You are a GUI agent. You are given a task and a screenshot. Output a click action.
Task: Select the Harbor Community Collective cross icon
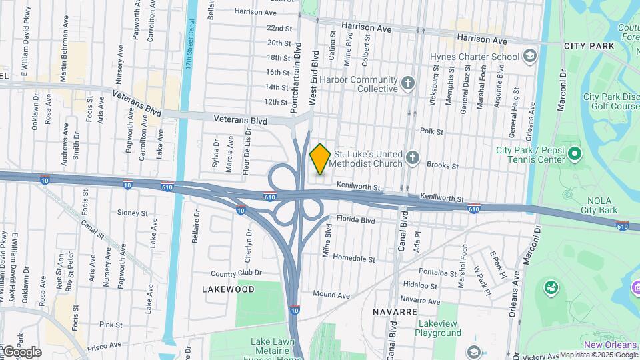pyautogui.click(x=408, y=84)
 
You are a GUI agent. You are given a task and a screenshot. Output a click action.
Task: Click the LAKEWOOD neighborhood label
pyautogui.click(x=229, y=289)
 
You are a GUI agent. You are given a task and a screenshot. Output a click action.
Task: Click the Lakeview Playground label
pyautogui.click(x=439, y=328)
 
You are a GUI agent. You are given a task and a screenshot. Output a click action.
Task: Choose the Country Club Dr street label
pyautogui.click(x=236, y=273)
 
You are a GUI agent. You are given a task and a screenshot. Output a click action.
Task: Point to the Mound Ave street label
pyautogui.click(x=331, y=294)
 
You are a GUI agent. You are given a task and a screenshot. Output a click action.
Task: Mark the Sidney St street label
pyautogui.click(x=132, y=213)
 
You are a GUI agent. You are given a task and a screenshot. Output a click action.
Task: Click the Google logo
pyautogui.click(x=22, y=352)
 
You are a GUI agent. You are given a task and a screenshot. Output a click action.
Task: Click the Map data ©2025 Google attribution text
pyautogui.click(x=598, y=355)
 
